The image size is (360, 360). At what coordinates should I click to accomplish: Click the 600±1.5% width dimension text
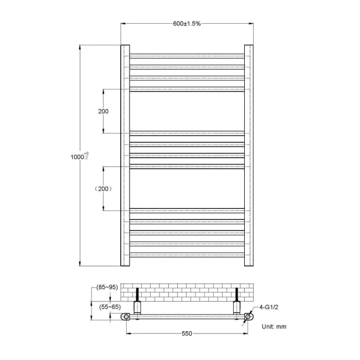186,24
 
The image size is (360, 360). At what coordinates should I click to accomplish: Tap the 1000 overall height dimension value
76,157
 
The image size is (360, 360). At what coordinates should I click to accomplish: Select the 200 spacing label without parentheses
103,111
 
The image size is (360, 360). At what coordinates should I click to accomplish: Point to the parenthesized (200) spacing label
103,189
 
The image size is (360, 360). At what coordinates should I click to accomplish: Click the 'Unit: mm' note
274,327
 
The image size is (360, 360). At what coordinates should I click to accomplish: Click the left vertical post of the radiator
125,155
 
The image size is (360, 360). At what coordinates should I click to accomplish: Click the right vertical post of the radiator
249,155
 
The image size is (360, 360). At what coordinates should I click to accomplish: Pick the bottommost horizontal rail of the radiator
187,255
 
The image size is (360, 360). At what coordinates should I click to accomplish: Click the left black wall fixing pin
137,293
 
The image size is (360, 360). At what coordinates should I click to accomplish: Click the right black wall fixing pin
237,293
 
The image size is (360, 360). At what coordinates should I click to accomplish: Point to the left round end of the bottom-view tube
127,317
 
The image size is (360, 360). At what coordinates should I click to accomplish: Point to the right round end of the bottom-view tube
248,317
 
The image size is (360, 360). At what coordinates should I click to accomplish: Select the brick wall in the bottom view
187,292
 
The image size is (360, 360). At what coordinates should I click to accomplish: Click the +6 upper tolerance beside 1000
86,153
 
